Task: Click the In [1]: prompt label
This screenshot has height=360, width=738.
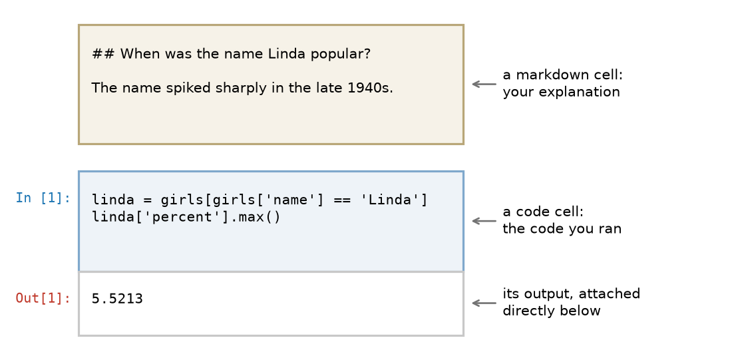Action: [43, 198]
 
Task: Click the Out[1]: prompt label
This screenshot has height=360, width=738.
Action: [43, 298]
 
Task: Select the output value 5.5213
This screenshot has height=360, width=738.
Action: [117, 299]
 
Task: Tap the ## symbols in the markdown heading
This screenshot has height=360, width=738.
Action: [102, 54]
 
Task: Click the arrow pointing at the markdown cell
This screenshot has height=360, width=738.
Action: [484, 85]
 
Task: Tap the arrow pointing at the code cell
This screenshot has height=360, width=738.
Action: [484, 221]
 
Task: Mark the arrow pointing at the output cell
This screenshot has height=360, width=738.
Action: [484, 303]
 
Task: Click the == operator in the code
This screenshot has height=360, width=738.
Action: [342, 200]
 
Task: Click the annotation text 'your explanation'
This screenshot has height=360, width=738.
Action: [561, 92]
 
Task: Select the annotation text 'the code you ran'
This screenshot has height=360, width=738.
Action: [562, 229]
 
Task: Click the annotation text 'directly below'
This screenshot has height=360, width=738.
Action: [551, 311]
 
